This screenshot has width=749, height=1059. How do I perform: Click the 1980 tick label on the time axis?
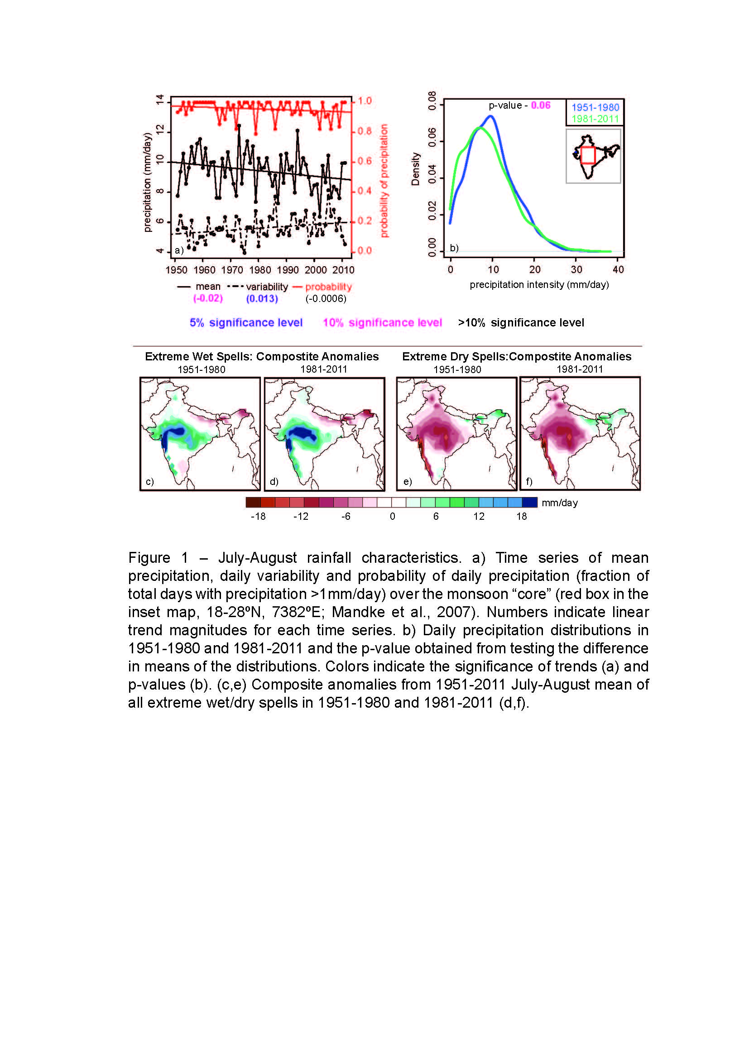point(260,270)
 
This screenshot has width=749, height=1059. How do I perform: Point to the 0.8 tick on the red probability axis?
point(365,131)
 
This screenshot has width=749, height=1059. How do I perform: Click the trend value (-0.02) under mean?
point(208,298)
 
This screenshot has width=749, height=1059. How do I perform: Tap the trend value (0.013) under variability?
point(262,299)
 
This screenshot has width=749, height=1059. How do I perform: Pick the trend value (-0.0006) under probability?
point(326,299)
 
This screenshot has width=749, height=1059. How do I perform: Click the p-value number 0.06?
point(541,105)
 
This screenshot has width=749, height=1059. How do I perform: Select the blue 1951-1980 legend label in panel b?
point(595,107)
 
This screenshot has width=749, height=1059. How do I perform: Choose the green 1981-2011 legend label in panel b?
point(595,119)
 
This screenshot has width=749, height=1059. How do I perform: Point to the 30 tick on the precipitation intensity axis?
point(576,269)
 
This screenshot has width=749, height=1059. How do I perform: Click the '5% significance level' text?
point(246,322)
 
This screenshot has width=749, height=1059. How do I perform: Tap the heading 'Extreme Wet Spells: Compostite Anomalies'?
point(261,356)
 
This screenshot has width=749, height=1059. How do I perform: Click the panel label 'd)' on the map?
point(274,482)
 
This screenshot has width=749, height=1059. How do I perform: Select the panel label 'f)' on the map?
point(529,482)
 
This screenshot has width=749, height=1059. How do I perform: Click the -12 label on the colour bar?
point(301,516)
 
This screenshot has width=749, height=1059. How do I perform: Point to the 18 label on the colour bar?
point(521,516)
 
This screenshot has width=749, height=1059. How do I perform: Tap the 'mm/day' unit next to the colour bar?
point(559,503)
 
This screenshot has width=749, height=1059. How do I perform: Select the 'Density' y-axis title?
point(415,169)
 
